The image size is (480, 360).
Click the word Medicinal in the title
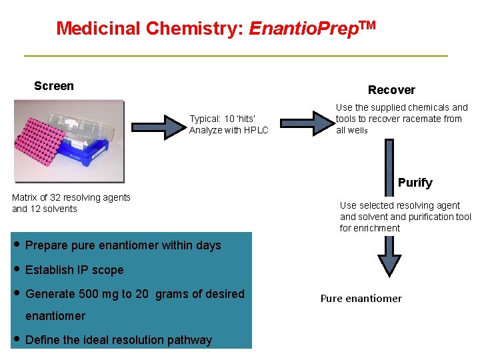click(99, 29)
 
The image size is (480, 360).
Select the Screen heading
click(54, 86)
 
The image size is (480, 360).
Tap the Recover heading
click(391, 90)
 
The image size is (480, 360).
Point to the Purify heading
click(415, 183)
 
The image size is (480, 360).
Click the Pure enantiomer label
click(361, 299)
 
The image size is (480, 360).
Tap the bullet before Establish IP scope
click(16, 269)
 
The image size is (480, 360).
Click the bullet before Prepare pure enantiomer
click(16, 245)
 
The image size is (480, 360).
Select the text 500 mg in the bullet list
click(90, 294)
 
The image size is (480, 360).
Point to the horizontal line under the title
click(235, 55)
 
